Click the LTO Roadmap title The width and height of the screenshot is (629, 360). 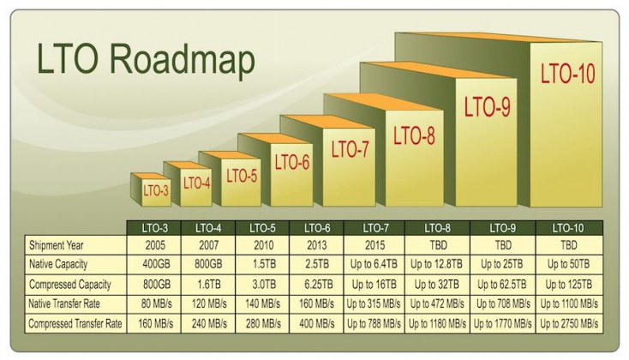coord(146,59)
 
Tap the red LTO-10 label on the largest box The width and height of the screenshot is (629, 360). coord(567,74)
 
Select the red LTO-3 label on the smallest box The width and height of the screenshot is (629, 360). coord(156,190)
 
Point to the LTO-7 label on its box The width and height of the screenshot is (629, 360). coord(350,149)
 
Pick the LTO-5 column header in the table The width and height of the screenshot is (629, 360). coord(262,228)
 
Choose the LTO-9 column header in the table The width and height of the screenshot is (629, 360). coord(503,228)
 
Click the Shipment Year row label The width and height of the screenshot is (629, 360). coord(57,245)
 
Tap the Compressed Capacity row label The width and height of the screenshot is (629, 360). coord(69,285)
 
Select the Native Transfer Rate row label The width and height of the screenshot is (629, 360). coord(64,303)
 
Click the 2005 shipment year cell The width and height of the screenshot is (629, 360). coord(155,245)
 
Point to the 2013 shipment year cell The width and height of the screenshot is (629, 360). coord(317,245)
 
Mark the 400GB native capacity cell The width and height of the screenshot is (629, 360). coord(156,265)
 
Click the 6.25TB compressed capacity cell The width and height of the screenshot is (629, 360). coord(318,285)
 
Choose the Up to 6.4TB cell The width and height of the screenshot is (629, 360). coord(374,265)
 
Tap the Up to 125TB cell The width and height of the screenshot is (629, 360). coord(568,285)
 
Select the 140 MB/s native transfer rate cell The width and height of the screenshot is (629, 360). coord(263,303)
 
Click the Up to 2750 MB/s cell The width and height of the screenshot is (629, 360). coord(569,323)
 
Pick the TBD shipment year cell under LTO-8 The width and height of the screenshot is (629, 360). coord(438,245)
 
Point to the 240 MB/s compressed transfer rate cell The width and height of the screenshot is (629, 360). coord(209,323)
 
